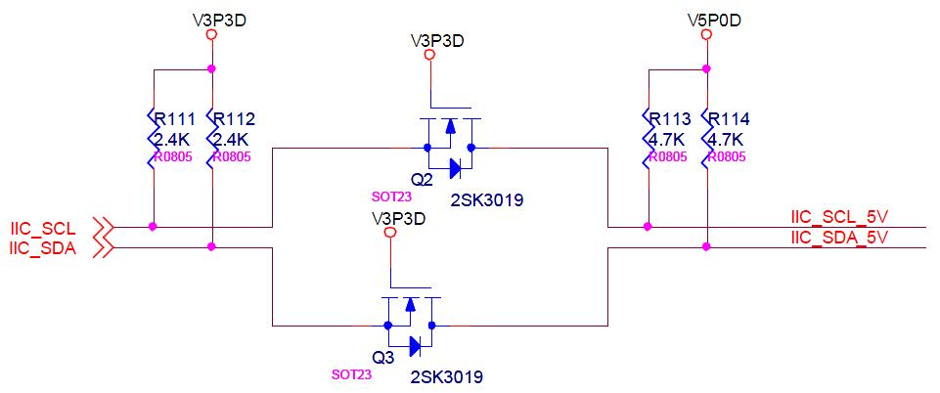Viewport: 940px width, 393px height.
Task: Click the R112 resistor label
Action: pyautogui.click(x=235, y=119)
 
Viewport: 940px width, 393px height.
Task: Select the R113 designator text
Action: pyautogui.click(x=671, y=119)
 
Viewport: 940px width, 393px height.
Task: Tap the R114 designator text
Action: pyautogui.click(x=730, y=119)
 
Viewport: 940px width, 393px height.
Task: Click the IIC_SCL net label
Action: pyautogui.click(x=43, y=229)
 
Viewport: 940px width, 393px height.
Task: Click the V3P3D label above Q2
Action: pyautogui.click(x=436, y=41)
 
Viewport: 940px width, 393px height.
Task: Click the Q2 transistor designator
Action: pyautogui.click(x=422, y=180)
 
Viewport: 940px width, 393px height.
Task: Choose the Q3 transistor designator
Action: pyautogui.click(x=382, y=358)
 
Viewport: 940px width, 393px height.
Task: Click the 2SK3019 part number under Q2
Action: pyautogui.click(x=486, y=200)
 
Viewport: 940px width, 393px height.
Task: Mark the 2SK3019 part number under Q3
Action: pyautogui.click(x=447, y=376)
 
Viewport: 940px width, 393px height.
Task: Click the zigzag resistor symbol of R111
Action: pyautogui.click(x=153, y=137)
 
